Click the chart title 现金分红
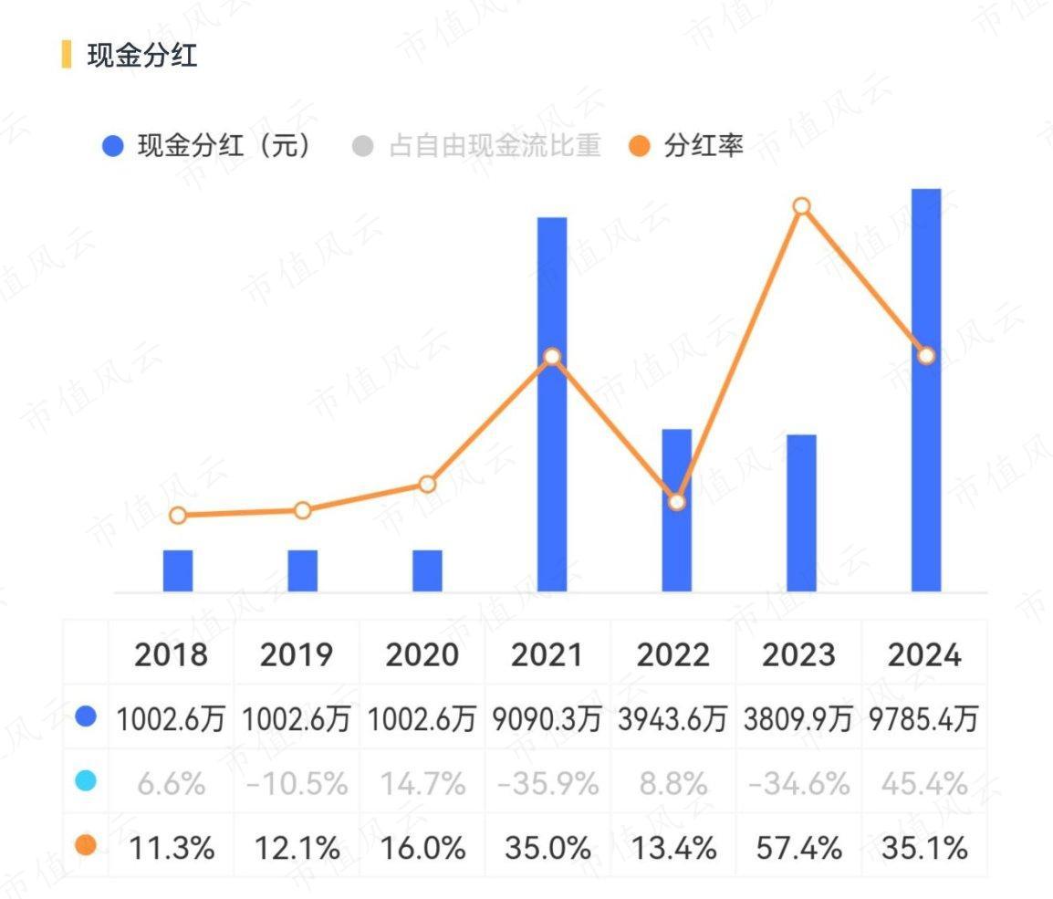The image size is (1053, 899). [x=141, y=55]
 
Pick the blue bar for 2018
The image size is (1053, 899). [x=178, y=570]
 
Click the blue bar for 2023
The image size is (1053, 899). [x=801, y=513]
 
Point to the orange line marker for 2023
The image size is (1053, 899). [x=801, y=206]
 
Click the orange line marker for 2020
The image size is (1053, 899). [x=427, y=484]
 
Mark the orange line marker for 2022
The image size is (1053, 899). [x=676, y=502]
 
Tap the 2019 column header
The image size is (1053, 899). [x=297, y=654]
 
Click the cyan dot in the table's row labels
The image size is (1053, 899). [x=86, y=781]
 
